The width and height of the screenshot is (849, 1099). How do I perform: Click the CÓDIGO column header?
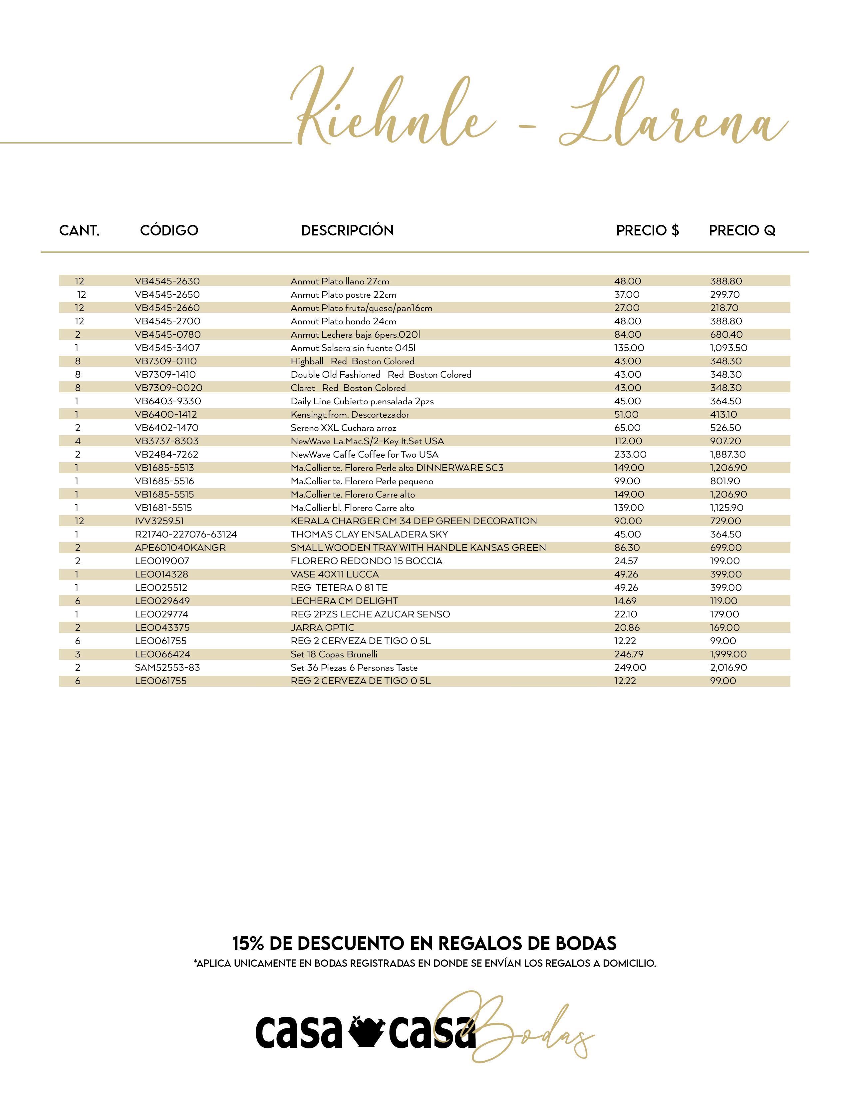click(169, 230)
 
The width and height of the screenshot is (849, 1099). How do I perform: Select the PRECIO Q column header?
click(742, 230)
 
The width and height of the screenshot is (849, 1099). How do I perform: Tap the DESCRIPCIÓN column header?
click(347, 230)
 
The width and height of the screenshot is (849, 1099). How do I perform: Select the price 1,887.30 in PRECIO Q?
click(728, 454)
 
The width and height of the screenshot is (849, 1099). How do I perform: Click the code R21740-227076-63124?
click(185, 535)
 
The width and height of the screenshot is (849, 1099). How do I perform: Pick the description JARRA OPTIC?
click(322, 627)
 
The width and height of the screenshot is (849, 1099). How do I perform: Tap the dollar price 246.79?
click(629, 654)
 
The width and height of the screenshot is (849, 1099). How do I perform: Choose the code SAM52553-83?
click(167, 668)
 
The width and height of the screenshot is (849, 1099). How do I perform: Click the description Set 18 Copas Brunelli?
click(334, 654)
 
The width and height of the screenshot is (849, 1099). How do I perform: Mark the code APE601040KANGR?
click(180, 548)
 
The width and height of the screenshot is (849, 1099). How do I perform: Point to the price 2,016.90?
click(728, 668)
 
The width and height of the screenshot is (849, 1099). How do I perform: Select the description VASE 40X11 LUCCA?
click(335, 574)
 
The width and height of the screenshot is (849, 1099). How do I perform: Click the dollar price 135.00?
click(629, 348)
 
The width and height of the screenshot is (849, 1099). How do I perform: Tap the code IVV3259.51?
click(159, 521)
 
